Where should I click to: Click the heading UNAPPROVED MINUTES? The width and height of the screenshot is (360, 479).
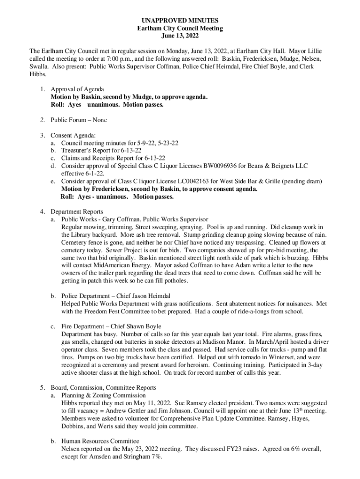pos(180,21)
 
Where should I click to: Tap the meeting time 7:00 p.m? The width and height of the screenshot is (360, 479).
pos(122,59)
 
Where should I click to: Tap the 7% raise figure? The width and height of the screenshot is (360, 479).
pos(156,457)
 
